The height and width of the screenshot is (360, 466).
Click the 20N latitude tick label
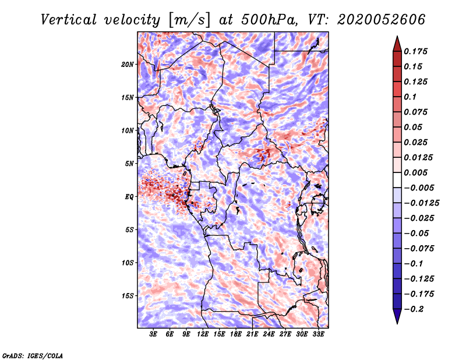(128, 65)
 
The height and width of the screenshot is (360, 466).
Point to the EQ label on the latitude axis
(129, 197)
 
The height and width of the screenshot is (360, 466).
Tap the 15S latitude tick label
(128, 296)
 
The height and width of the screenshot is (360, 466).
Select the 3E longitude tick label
(153, 334)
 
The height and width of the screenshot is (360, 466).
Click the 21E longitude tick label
(252, 334)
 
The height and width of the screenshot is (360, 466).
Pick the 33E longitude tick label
(318, 334)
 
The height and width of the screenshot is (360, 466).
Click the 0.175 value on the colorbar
(415, 51)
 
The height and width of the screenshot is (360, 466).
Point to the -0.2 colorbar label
(414, 309)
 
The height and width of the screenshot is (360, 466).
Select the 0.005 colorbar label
(415, 172)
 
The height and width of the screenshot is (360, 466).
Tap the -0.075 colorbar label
(419, 249)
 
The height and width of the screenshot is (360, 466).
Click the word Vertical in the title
(69, 20)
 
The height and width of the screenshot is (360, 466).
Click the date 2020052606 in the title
(382, 20)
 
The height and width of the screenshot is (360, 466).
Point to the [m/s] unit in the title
(190, 20)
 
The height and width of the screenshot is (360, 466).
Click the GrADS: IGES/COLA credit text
(33, 356)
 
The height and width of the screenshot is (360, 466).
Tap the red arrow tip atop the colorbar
(397, 36)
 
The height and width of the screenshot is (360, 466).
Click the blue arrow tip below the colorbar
(397, 323)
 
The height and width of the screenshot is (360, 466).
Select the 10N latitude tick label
(128, 131)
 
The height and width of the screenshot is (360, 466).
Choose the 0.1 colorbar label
(410, 97)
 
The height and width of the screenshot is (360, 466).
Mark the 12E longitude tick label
(203, 334)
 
